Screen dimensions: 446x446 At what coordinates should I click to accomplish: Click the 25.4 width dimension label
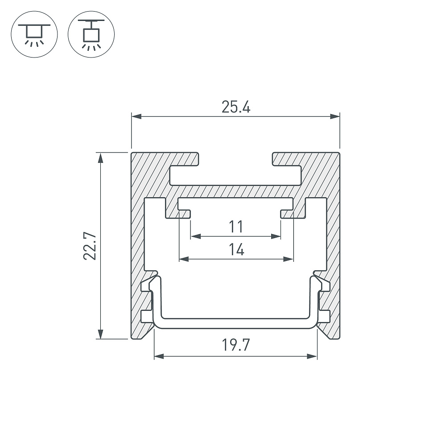(x=236, y=107)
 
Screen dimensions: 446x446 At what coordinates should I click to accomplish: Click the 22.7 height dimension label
(x=90, y=246)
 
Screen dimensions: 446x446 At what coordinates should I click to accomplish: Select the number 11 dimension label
(x=236, y=227)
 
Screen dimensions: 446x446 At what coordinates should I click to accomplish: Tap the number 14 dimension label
(x=236, y=249)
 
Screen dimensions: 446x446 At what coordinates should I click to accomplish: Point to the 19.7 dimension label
(x=236, y=345)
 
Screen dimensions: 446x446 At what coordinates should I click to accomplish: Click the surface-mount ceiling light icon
(x=34, y=34)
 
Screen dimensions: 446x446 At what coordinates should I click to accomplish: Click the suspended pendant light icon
(x=91, y=34)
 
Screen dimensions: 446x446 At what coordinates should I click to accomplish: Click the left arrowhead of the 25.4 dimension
(x=136, y=116)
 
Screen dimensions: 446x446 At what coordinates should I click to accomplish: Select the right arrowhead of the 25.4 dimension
(x=335, y=116)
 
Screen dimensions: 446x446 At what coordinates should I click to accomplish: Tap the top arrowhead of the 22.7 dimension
(x=100, y=158)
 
